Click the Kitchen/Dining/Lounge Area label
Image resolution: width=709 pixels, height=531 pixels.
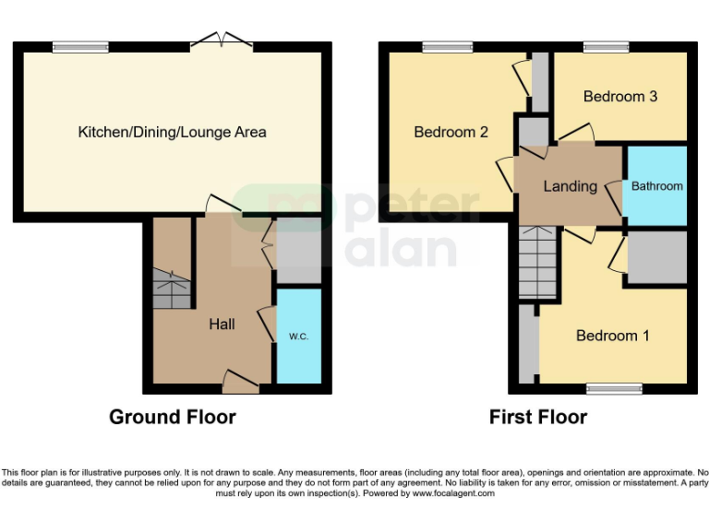172,132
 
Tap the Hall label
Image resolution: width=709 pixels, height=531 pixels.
222,324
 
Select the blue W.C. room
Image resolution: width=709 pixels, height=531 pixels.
299,336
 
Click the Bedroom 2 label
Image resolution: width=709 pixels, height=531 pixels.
451,132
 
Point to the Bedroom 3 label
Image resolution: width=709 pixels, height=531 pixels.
619,96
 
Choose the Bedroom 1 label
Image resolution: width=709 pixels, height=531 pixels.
612,336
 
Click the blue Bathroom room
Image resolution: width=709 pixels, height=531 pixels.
657,185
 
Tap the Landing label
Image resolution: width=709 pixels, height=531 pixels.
570,186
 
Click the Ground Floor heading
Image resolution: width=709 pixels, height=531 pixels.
173,417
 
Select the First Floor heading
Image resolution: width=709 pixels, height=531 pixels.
538,417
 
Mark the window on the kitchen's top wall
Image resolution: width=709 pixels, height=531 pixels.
80,47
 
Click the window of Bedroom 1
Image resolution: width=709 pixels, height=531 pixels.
613,389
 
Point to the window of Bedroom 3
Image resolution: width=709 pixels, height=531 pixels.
606,47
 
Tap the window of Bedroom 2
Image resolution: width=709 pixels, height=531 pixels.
446,47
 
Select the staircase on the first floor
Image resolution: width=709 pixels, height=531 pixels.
537,262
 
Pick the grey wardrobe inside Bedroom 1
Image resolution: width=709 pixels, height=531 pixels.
656,257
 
